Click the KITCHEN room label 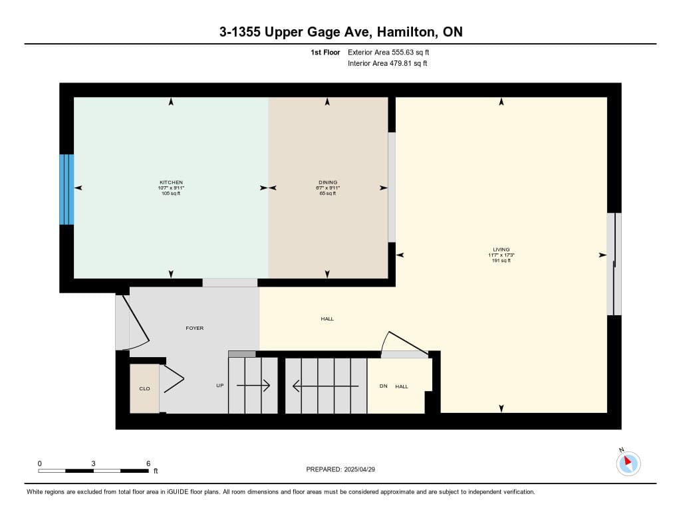[x=171, y=182]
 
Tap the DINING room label [x=328, y=182]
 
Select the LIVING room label [x=501, y=250]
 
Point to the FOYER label [x=195, y=329]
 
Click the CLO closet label [x=144, y=389]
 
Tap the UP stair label [x=220, y=386]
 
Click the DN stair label [x=384, y=386]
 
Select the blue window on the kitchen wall [x=67, y=190]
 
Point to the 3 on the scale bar [x=93, y=463]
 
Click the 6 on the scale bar [x=148, y=463]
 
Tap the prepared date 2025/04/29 [x=359, y=469]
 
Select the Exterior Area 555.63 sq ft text [x=388, y=53]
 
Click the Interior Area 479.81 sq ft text [x=388, y=63]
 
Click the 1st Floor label [x=325, y=53]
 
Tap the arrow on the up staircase [x=253, y=386]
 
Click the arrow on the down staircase [x=326, y=386]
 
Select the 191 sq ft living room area [x=501, y=261]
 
